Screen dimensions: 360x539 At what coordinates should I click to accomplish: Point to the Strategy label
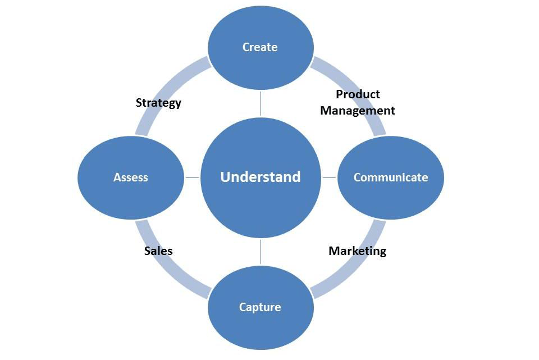click(x=158, y=103)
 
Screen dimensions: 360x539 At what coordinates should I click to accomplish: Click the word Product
click(x=358, y=94)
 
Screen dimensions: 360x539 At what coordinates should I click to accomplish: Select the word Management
click(x=358, y=111)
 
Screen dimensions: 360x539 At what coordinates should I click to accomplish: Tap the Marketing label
click(x=357, y=251)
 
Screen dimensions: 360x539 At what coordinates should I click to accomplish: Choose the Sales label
click(x=158, y=251)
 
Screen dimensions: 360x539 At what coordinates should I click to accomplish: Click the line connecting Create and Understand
click(x=261, y=103)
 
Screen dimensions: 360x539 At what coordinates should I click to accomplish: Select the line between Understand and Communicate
click(x=329, y=177)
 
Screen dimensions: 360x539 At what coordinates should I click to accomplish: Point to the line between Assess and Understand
click(x=192, y=177)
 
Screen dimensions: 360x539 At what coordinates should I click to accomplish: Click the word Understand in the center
click(x=261, y=177)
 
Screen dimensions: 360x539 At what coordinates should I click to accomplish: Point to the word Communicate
click(x=391, y=177)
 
